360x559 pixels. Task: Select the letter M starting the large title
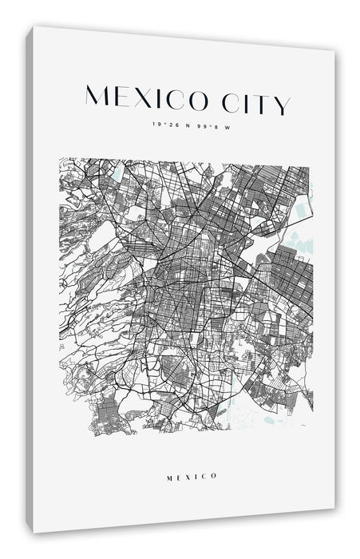pos(96,96)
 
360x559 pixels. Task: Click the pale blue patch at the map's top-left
pos(117,171)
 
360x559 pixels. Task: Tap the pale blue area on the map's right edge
pos(300,212)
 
